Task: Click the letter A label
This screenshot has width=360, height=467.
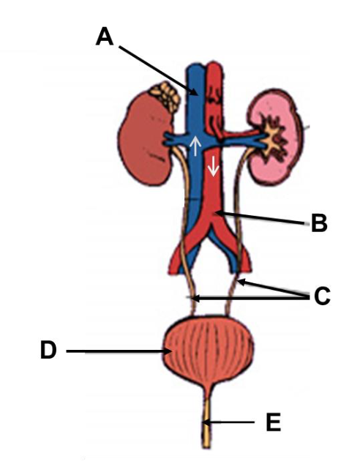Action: (x=104, y=37)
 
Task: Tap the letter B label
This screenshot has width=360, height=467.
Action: (x=319, y=223)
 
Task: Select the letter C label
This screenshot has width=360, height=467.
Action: (x=322, y=296)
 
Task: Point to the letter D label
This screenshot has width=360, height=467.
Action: (x=48, y=350)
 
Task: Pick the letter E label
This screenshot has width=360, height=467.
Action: (x=273, y=422)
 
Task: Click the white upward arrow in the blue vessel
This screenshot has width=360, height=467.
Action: (x=195, y=146)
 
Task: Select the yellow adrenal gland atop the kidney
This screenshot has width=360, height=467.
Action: (x=165, y=96)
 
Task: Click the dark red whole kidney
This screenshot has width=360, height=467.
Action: (x=145, y=138)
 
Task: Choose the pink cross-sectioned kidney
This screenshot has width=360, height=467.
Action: (x=274, y=137)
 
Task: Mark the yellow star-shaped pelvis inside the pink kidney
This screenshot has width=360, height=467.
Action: (x=272, y=138)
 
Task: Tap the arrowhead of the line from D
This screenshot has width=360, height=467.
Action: (x=168, y=351)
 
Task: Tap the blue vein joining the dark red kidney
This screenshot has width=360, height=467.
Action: (x=176, y=139)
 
